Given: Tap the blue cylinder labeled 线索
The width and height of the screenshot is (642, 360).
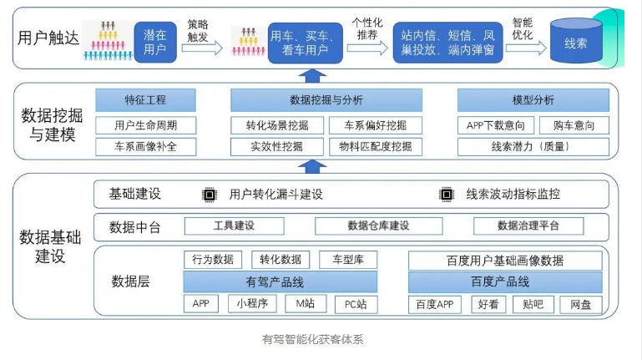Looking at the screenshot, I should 575,43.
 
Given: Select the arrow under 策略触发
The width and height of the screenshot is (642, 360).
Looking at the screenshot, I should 201,48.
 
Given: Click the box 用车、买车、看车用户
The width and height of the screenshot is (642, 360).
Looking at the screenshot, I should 305,43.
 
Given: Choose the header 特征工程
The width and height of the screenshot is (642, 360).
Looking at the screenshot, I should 145,100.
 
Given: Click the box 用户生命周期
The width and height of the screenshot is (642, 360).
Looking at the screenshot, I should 145,125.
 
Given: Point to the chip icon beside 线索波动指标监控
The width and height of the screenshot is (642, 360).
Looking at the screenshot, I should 446,195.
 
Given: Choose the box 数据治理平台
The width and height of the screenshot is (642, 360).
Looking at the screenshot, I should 528,226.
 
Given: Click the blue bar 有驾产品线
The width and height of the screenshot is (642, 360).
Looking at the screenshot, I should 280,282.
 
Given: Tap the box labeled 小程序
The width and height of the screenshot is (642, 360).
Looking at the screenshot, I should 252,304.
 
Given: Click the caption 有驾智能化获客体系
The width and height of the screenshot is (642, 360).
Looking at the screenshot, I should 313,340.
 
